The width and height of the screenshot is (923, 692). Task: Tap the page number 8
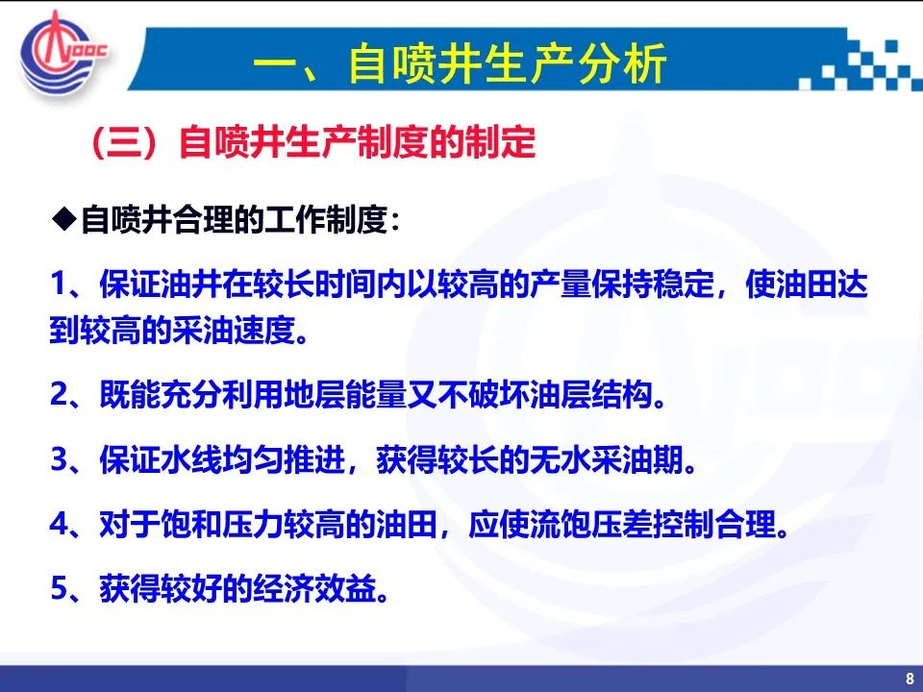pyautogui.click(x=910, y=678)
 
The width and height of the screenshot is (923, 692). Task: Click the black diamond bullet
pyautogui.click(x=64, y=220)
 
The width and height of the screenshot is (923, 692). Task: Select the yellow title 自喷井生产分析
pyautogui.click(x=508, y=62)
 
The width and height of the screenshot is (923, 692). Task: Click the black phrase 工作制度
pyautogui.click(x=326, y=220)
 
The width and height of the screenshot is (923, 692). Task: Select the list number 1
pyautogui.click(x=59, y=284)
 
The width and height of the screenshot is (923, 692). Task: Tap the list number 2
pyautogui.click(x=60, y=395)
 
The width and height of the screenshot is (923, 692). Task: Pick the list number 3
pyautogui.click(x=60, y=459)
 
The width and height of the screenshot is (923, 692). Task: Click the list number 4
pyautogui.click(x=60, y=525)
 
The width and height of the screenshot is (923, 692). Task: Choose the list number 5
pyautogui.click(x=60, y=588)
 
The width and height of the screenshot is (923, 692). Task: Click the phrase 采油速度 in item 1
pyautogui.click(x=234, y=330)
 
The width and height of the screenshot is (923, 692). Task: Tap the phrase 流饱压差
pyautogui.click(x=561, y=525)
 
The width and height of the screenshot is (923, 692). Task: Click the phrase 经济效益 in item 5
pyautogui.click(x=315, y=588)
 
